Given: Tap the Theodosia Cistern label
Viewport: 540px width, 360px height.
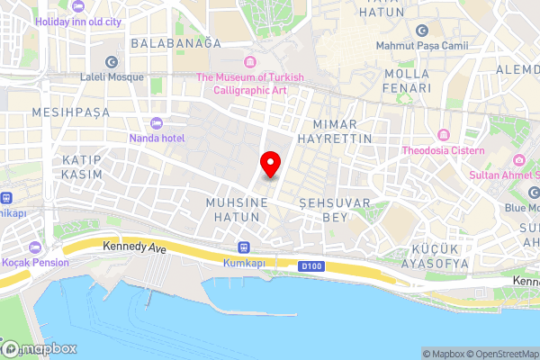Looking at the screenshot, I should pos(443,150).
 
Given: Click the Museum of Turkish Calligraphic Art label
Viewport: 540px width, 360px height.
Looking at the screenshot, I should pos(250,83).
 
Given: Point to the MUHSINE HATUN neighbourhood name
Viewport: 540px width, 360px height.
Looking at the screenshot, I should pos(237,211).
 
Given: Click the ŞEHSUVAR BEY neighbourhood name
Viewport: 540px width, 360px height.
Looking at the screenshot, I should pos(335,211).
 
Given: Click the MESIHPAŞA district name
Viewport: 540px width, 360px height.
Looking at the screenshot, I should pos(70,112).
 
